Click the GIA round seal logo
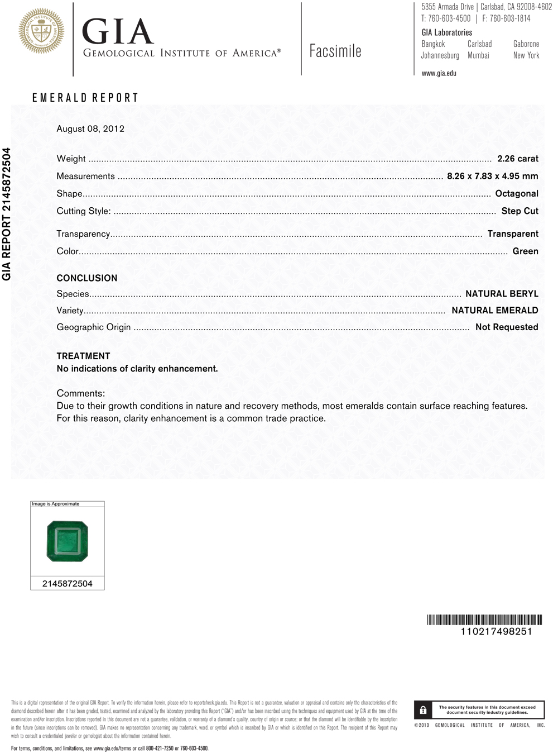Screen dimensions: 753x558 click(x=41, y=31)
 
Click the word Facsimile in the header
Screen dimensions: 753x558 click(x=335, y=51)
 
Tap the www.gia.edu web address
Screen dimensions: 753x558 click(x=439, y=73)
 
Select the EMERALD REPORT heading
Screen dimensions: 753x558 click(x=85, y=98)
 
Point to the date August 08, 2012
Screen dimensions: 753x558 click(x=90, y=128)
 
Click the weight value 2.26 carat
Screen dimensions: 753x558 click(x=517, y=159)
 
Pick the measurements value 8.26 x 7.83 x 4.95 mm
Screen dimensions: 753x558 click(x=492, y=176)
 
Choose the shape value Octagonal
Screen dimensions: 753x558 click(x=517, y=193)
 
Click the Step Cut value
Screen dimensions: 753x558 click(x=519, y=211)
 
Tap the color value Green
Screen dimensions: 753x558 click(x=525, y=251)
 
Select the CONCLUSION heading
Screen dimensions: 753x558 click(x=87, y=278)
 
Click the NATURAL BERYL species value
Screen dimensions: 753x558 click(x=502, y=294)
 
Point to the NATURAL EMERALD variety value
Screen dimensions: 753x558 click(x=494, y=311)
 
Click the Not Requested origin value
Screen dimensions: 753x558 click(x=506, y=327)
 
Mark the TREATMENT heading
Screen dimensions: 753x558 click(x=83, y=356)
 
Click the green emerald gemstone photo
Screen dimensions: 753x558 click(x=68, y=541)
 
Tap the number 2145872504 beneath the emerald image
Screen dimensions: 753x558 click(x=68, y=584)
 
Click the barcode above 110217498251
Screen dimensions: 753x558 click(x=484, y=619)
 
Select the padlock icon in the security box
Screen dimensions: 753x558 click(x=423, y=710)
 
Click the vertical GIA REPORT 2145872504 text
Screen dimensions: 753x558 click(x=7, y=214)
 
